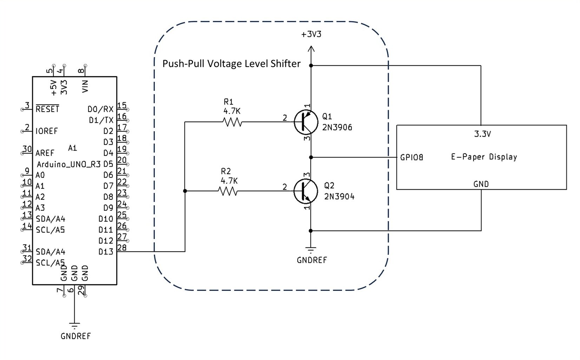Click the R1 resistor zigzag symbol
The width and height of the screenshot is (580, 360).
coord(232,122)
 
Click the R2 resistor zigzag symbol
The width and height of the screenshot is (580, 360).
coord(228,191)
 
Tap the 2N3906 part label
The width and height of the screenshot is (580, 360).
coord(337,127)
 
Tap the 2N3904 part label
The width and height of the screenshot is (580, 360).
coord(339,196)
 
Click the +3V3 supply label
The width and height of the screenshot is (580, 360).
coord(311,34)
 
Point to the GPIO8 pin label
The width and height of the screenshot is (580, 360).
coord(411,158)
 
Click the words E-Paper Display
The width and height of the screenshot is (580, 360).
coord(484,157)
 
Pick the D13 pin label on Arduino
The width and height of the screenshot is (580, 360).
coord(106,252)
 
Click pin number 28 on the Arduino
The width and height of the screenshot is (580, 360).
coord(122,247)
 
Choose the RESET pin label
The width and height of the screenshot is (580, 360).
coord(47,109)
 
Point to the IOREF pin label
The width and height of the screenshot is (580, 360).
coord(46,131)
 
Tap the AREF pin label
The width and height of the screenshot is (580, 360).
coord(45,153)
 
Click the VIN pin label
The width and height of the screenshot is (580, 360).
coord(85,86)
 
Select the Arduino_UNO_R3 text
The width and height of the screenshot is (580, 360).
coord(69,164)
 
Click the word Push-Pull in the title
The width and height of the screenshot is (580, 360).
coord(183,64)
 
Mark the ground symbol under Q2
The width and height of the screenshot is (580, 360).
coord(311,250)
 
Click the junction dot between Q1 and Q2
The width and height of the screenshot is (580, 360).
coord(311,158)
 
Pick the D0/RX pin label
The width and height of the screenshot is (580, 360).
coord(100,109)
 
